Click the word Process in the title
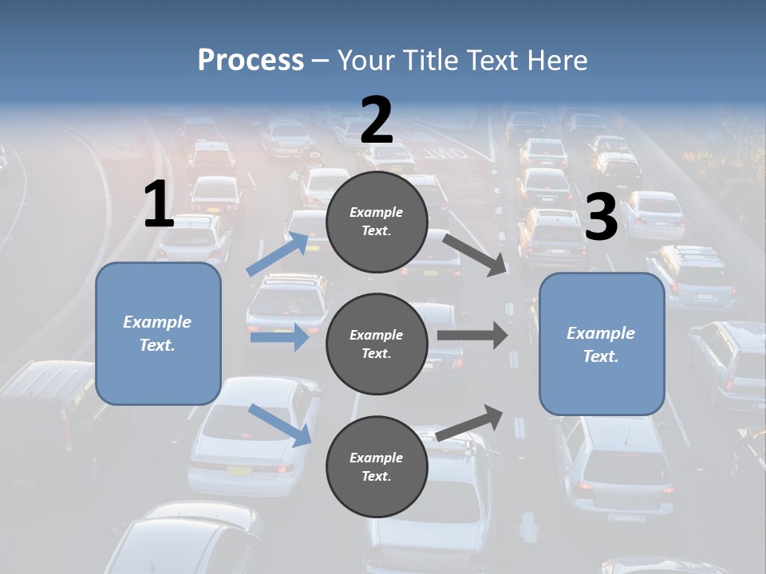point(251,61)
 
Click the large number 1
point(159,205)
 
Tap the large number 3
point(601,218)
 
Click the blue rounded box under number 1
point(158,333)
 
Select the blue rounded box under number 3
point(602,344)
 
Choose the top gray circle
point(377,222)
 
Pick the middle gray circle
point(377,344)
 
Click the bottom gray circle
point(377,467)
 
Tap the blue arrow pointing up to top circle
point(278,254)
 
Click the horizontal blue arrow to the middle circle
point(278,337)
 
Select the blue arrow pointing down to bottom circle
point(280,425)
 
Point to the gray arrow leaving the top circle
point(475,254)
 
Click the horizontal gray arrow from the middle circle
point(472,335)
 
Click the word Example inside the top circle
point(377,212)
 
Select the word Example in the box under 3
point(601,333)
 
